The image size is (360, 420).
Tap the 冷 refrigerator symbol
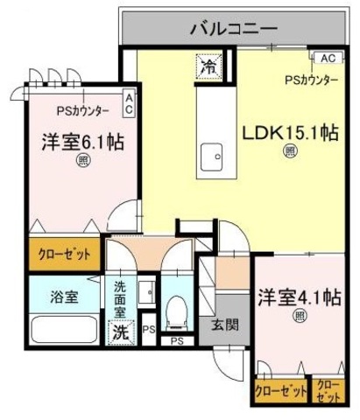pyautogui.click(x=209, y=66)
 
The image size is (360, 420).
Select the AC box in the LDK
pyautogui.click(x=328, y=59)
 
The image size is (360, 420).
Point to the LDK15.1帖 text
pyautogui.click(x=290, y=133)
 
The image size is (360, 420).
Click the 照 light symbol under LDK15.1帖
pyautogui.click(x=289, y=151)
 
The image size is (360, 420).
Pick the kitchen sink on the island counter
pyautogui.click(x=212, y=159)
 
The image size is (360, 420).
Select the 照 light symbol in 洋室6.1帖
pyautogui.click(x=81, y=160)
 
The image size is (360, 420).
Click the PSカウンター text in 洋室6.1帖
pyautogui.click(x=83, y=111)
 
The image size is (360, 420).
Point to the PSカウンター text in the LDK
pyautogui.click(x=310, y=80)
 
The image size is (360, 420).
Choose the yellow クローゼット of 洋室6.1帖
pyautogui.click(x=57, y=255)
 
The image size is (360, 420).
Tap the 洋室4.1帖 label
pyautogui.click(x=298, y=297)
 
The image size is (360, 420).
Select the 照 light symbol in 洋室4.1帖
pyautogui.click(x=299, y=316)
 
